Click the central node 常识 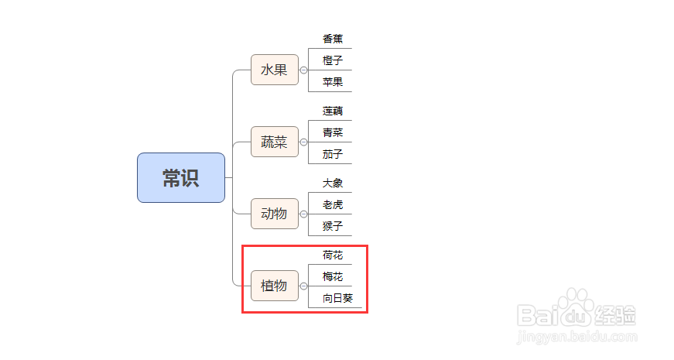click(181, 178)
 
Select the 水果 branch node click(274, 70)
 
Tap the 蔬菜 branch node click(274, 142)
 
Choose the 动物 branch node click(274, 214)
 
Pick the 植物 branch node click(274, 286)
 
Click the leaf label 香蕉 click(333, 39)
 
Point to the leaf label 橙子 click(333, 60)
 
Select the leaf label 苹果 click(333, 81)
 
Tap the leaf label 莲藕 click(333, 111)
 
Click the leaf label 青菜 click(333, 132)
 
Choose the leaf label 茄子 click(333, 153)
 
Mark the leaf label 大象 click(333, 183)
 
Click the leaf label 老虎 click(333, 204)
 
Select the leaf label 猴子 click(333, 226)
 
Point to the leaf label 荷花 click(333, 255)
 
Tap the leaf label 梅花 click(333, 276)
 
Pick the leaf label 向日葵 click(337, 298)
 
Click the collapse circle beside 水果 click(303, 70)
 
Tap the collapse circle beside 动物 click(303, 214)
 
